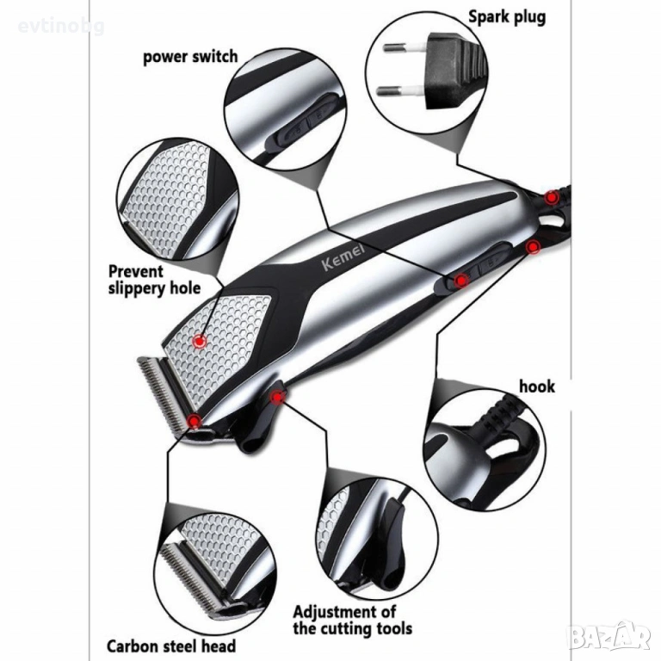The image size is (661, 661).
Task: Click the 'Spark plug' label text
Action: click(x=506, y=16)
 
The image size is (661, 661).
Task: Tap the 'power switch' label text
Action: click(x=190, y=58)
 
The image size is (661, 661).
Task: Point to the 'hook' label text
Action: click(x=536, y=386)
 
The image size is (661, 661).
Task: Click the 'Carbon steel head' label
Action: click(x=170, y=645)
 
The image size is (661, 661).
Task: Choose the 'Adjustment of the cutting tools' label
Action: click(x=345, y=619)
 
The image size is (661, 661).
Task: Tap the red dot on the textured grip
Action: click(x=199, y=341)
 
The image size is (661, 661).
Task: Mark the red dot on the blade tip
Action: click(x=195, y=421)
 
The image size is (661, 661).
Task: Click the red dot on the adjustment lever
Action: click(x=277, y=396)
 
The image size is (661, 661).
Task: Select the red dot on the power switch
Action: click(x=461, y=279)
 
